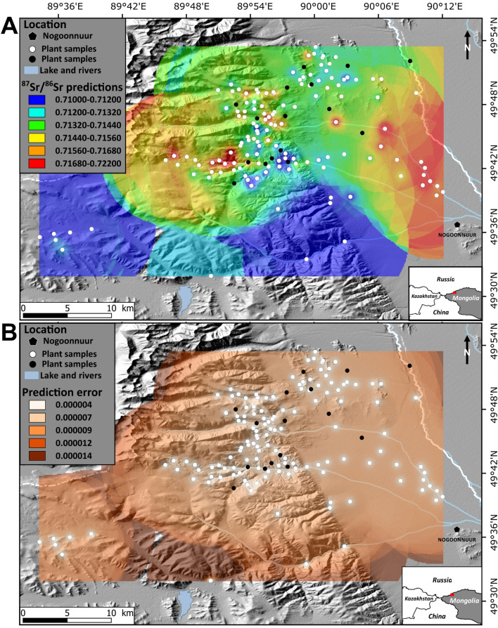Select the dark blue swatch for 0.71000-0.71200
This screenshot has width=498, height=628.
[x=34, y=100]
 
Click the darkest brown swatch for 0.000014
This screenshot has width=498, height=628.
[x=34, y=457]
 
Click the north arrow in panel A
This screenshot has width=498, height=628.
[x=468, y=40]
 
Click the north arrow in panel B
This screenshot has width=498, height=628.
[x=468, y=344]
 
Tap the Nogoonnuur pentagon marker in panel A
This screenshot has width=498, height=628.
[x=457, y=224]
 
